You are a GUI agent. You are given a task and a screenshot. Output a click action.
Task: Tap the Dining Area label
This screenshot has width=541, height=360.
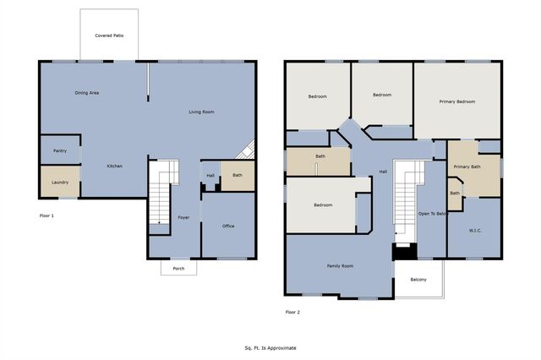click(87, 93)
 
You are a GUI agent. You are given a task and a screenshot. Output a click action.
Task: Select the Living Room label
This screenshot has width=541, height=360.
click(200, 112)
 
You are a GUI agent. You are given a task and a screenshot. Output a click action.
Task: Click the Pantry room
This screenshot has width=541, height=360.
click(59, 150)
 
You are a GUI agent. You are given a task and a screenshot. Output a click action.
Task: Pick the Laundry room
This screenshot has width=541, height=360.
click(59, 182)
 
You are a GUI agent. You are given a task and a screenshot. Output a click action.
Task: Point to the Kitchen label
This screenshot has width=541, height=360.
click(114, 166)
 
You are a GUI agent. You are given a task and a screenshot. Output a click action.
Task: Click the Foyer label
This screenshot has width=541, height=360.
click(183, 218)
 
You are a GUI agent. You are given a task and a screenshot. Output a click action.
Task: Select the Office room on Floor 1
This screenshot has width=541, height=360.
click(228, 226)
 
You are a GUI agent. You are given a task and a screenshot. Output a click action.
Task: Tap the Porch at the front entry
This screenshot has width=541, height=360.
click(178, 269)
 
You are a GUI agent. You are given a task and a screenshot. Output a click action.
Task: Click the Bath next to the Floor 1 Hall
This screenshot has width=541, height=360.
click(238, 175)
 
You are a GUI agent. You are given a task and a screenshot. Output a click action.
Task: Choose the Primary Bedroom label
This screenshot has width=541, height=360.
click(456, 101)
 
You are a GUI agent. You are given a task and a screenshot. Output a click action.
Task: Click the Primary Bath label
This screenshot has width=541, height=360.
click(467, 166)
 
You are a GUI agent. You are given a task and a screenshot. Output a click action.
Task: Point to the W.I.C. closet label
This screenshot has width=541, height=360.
click(475, 230)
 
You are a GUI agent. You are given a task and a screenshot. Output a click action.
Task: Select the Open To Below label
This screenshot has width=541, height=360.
click(431, 214)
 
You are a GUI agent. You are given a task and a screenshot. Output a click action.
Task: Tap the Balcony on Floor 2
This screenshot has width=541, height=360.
click(418, 280)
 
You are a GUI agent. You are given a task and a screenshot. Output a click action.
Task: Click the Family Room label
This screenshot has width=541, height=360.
click(340, 266)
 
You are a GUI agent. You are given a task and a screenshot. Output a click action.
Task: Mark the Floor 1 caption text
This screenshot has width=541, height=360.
click(46, 215)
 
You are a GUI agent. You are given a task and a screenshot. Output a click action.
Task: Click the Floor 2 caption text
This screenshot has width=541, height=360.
click(292, 312)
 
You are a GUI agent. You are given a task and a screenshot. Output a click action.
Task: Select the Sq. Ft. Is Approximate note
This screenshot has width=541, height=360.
click(270, 347)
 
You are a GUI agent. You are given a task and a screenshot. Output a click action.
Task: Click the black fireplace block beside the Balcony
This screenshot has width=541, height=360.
click(404, 251)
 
